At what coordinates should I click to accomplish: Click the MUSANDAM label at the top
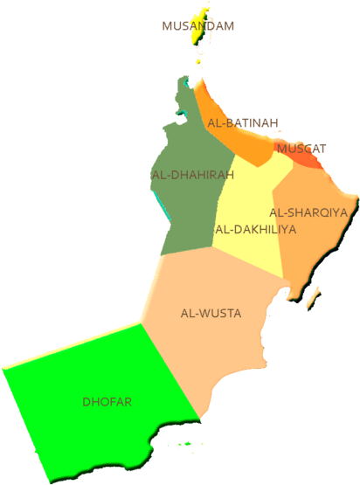[198, 26]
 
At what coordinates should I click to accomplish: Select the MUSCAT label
[301, 148]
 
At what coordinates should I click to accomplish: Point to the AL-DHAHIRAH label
[192, 175]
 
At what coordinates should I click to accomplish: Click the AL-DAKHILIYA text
[255, 230]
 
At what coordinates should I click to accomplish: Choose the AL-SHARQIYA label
[308, 212]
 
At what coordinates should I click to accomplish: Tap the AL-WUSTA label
[211, 313]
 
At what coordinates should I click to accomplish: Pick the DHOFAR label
[107, 402]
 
